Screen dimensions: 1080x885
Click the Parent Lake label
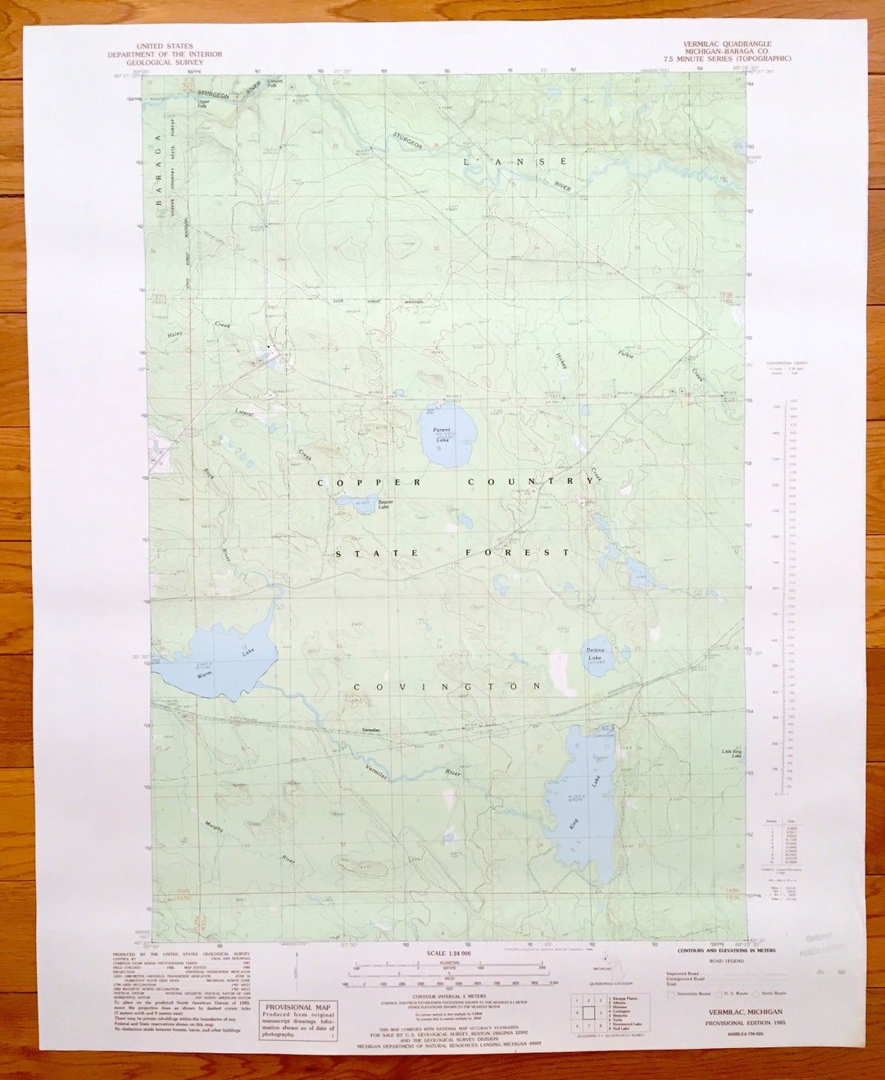coord(443,435)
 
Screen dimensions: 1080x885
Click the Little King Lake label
coord(731,754)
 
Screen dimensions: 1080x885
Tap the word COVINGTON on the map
coord(447,686)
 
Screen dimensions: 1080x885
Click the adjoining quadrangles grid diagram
coord(588,1012)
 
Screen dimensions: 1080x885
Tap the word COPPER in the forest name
coord(369,482)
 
